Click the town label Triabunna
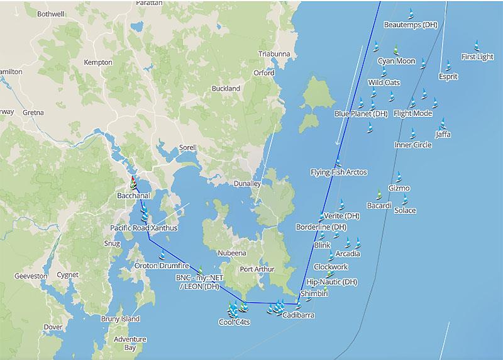[274, 54]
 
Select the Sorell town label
[188, 147]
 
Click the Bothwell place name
[50, 13]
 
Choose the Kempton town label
[97, 62]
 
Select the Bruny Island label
[120, 319]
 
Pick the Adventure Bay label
[130, 343]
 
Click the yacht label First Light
[477, 57]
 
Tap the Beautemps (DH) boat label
[411, 25]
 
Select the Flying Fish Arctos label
[339, 172]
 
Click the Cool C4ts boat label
[234, 322]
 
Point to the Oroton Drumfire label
[162, 266]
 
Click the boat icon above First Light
[477, 45]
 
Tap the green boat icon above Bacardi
[379, 194]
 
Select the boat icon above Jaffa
[443, 123]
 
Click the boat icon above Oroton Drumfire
[162, 255]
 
